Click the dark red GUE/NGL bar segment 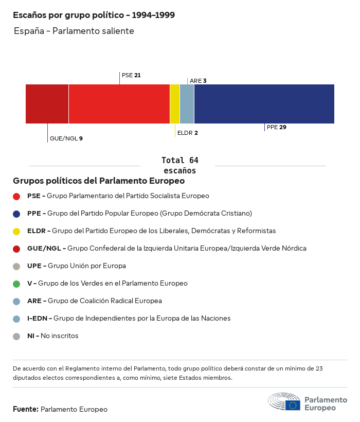pos(47,104)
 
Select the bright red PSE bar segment pos(119,104)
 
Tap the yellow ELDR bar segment pos(175,104)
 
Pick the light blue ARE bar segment pos(187,104)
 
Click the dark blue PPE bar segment pos(264,104)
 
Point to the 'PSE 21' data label pos(131,75)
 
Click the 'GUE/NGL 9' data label pos(66,138)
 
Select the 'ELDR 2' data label pos(187,133)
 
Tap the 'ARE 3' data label pos(198,81)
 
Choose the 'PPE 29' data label pos(276,127)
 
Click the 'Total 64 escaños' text pos(179,165)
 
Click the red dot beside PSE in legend pos(16,196)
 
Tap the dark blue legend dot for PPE pos(16,214)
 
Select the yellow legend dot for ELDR pos(16,231)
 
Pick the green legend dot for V pos(16,284)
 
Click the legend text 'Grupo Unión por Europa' pos(86,266)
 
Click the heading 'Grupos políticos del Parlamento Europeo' pos(99,181)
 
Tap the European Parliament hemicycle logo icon pos(284,402)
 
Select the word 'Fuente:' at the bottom pos(26,409)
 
